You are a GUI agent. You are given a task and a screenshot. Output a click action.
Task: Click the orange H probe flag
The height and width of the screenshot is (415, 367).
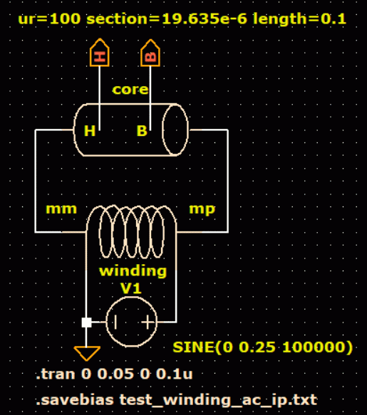point(99,53)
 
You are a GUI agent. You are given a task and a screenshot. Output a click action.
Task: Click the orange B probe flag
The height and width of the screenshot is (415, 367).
point(150,53)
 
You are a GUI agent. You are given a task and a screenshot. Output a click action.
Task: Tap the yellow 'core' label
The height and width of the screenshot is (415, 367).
point(130,90)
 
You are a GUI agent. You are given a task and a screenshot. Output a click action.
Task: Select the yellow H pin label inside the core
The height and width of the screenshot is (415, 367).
point(90,131)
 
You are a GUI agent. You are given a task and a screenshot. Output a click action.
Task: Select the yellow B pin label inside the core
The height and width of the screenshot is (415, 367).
point(142,131)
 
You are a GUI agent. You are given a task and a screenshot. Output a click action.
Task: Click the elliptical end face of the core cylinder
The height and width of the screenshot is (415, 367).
point(162,130)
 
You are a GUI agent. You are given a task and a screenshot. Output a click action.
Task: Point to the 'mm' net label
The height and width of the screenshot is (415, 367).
point(61,209)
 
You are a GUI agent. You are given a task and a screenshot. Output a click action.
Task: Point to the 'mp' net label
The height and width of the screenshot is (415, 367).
point(202,209)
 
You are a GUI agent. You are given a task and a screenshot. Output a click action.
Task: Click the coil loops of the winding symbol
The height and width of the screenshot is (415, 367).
point(132,232)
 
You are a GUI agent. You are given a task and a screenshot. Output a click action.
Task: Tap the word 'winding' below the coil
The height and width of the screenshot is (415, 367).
point(133,271)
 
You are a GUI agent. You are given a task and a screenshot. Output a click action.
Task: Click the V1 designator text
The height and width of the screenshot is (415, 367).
point(131,288)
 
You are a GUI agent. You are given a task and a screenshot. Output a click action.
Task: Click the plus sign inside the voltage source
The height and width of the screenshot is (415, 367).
point(148,322)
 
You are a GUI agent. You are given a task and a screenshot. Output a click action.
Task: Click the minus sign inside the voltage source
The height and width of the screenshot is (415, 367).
point(115,322)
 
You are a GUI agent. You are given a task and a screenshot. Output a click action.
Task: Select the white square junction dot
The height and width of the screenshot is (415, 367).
point(87,322)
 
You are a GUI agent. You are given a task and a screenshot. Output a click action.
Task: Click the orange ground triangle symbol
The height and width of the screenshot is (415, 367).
point(87,353)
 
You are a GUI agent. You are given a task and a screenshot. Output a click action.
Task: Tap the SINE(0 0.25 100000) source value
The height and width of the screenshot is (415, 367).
point(262,347)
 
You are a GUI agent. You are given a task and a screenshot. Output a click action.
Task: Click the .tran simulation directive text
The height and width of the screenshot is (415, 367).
point(114,374)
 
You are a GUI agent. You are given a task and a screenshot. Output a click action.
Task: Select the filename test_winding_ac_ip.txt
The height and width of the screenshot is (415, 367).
point(218,400)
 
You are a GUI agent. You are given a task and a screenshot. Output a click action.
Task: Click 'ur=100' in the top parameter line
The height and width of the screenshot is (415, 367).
point(49,19)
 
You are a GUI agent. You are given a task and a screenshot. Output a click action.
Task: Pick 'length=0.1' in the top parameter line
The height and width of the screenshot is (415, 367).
point(299,19)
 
